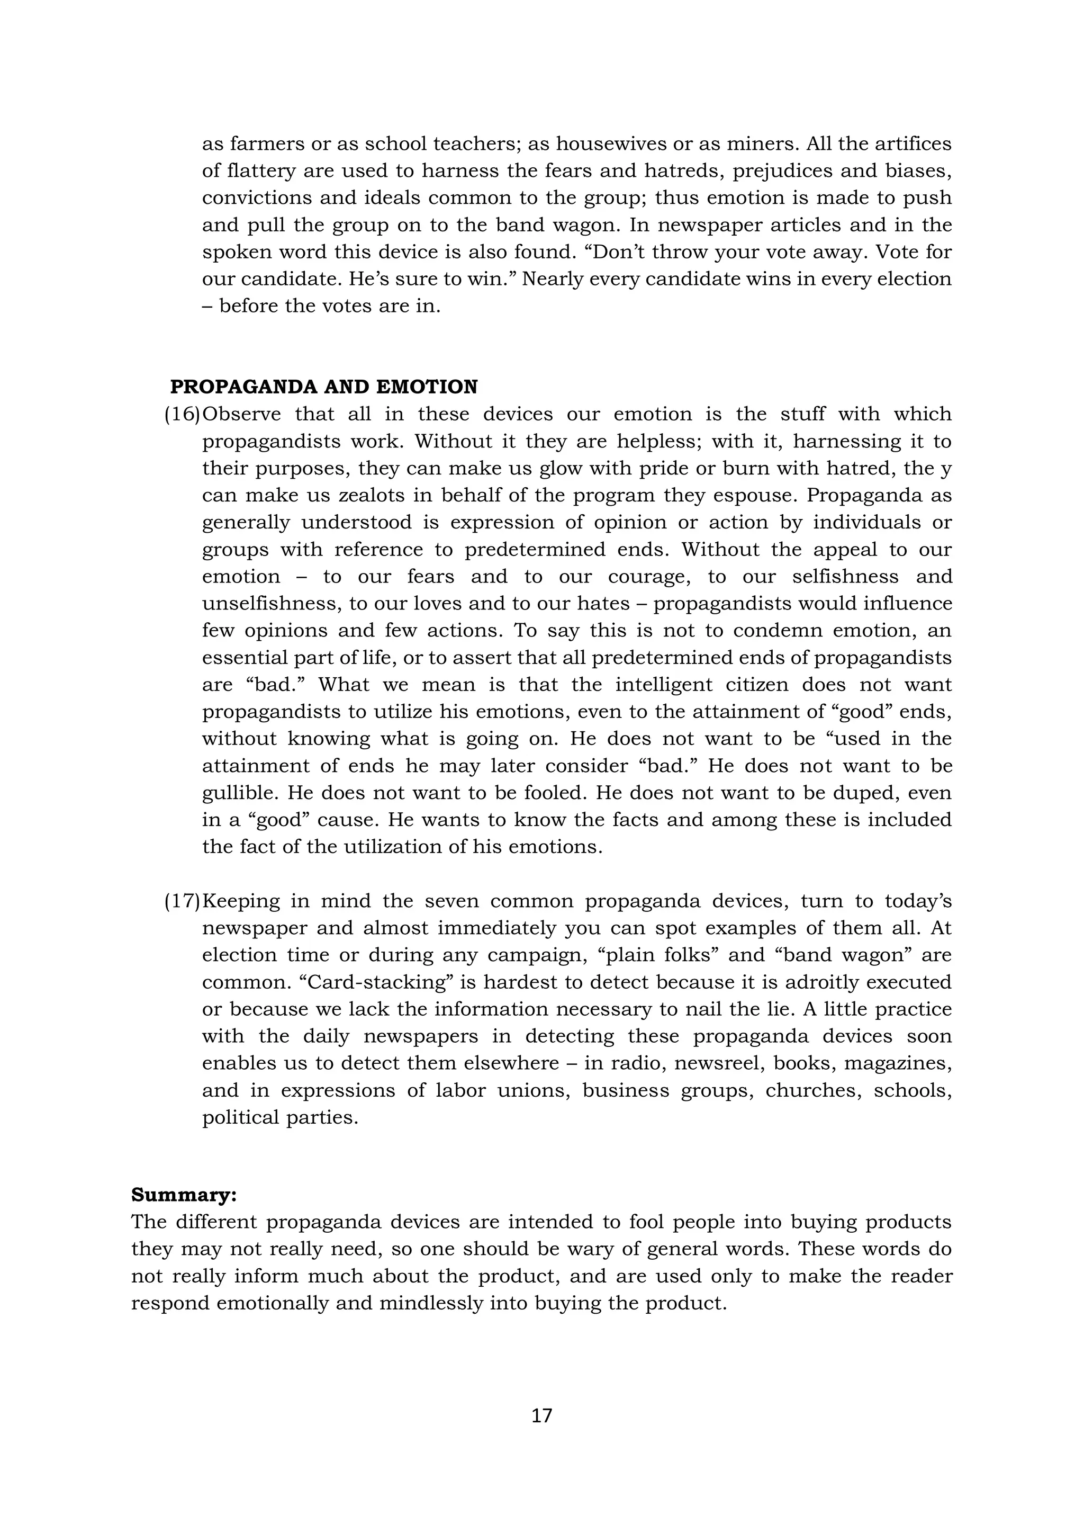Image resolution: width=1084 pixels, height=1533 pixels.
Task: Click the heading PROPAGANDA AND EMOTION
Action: (324, 387)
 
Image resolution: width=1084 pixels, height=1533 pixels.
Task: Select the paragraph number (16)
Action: (182, 414)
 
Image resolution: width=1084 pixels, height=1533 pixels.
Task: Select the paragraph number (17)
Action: (182, 901)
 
